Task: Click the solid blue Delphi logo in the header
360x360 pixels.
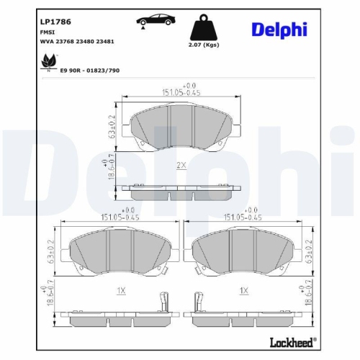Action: (279, 30)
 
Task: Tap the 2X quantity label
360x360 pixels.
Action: (181, 165)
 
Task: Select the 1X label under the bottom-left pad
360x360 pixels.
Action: (120, 289)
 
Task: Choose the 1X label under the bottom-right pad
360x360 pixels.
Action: (244, 289)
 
